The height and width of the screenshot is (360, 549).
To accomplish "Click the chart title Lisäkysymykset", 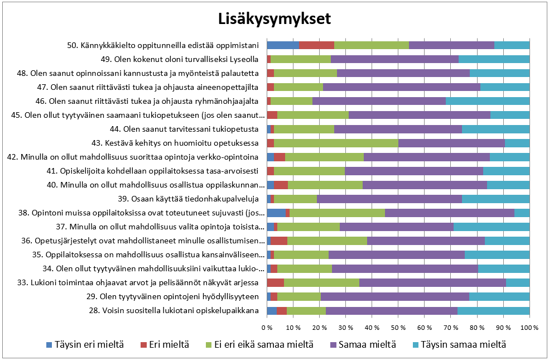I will (274, 19).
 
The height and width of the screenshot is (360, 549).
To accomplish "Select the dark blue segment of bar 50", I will (282, 45).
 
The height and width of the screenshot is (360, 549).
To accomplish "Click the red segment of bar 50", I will (316, 45).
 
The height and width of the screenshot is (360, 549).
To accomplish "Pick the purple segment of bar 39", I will (389, 199).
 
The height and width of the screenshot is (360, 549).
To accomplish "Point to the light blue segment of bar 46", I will (488, 101).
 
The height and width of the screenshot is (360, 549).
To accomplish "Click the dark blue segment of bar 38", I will (276, 213).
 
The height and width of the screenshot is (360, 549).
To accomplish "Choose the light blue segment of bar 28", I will (493, 310).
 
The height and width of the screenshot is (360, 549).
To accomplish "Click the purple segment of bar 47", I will (402, 87).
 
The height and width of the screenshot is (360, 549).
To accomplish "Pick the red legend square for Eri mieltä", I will (143, 344).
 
